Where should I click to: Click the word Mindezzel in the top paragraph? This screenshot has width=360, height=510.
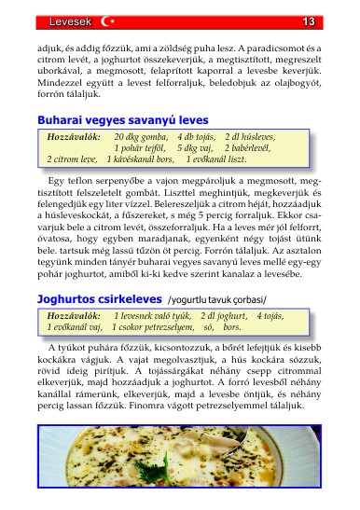tap(65, 80)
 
